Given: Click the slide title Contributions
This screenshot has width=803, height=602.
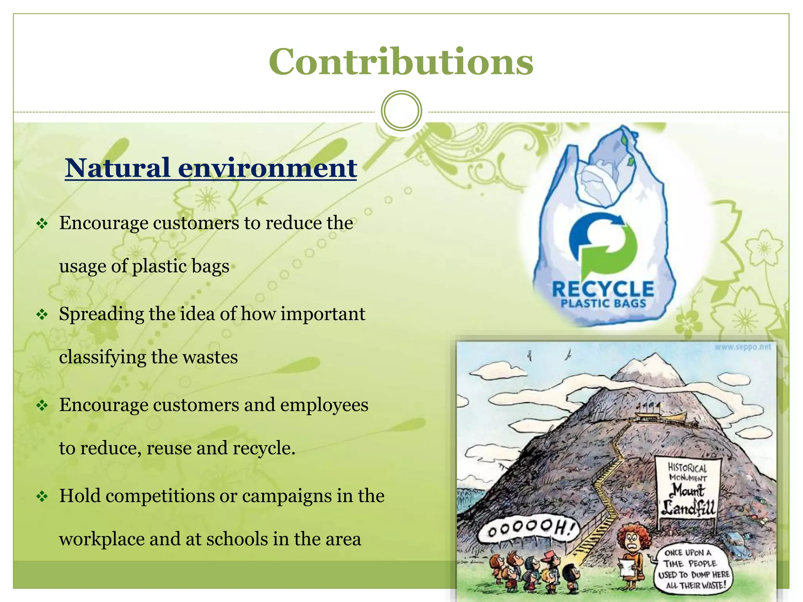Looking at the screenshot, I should coord(401,62).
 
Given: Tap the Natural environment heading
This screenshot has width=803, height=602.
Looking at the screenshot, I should coord(211,168).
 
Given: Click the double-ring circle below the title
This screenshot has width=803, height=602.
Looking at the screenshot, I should coord(401,111).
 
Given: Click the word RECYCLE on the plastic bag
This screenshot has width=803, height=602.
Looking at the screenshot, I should coord(603,289).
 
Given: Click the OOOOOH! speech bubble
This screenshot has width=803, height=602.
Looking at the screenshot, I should coord(527,530).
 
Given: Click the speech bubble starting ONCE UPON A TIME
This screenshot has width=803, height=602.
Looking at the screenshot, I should coord(693,569).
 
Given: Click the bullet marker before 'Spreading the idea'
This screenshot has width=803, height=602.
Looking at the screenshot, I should coord(42,314).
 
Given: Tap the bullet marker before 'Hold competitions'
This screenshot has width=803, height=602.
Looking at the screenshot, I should coord(42,497).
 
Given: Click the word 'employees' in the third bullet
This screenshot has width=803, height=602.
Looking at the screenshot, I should coord(324,405).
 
